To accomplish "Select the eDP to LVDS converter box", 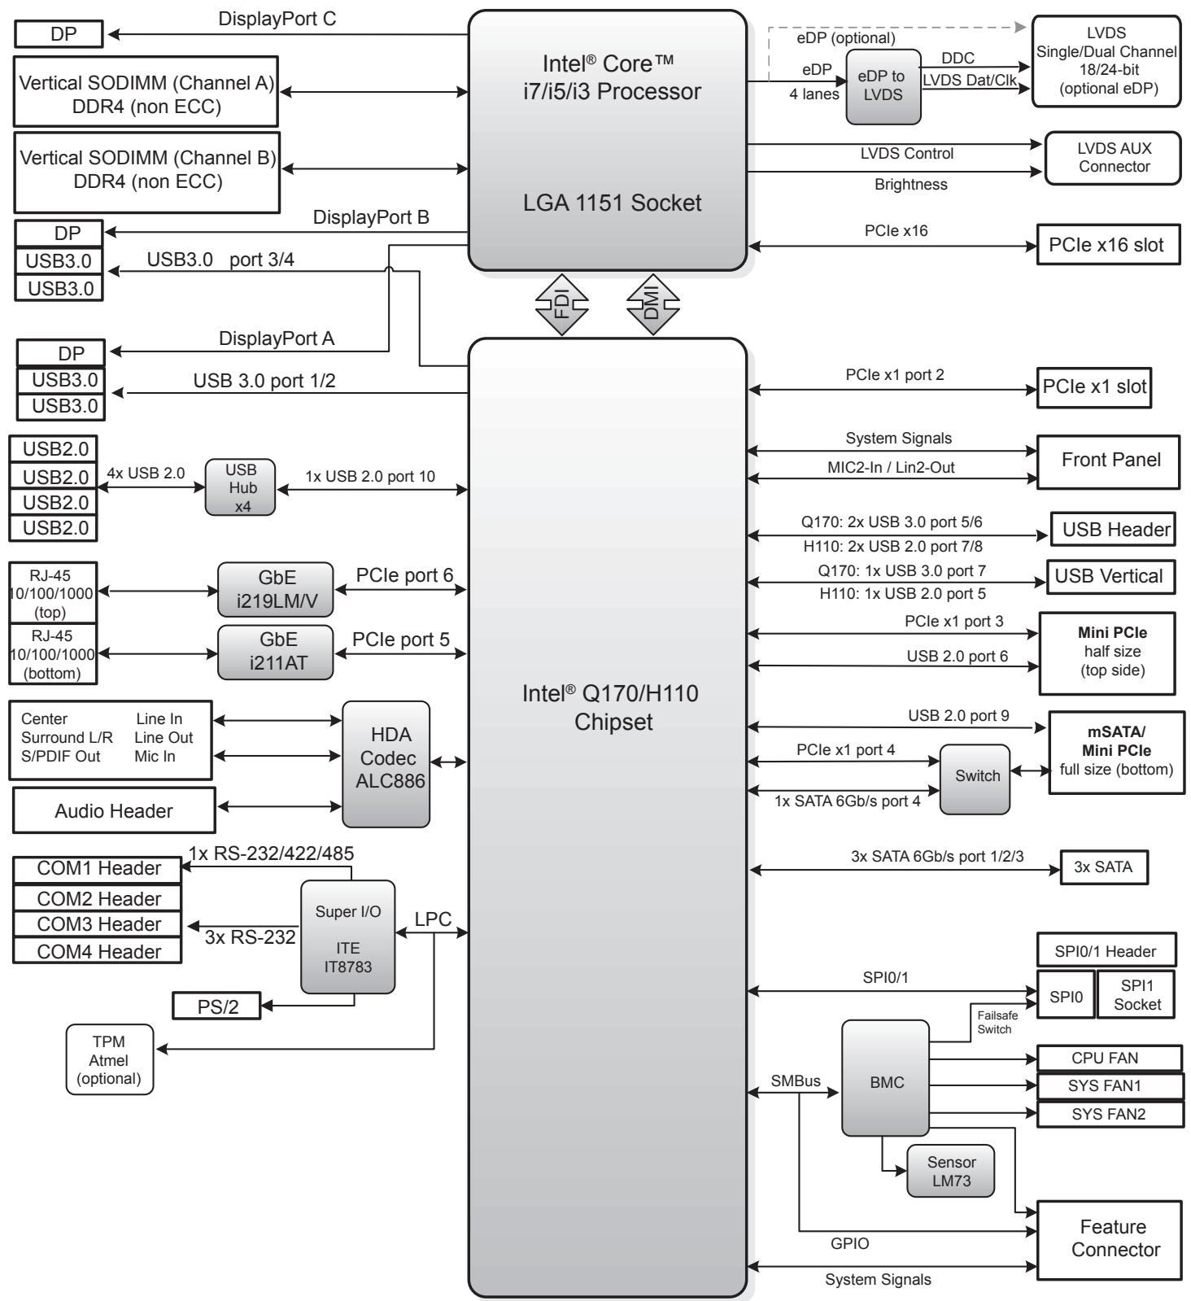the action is pyautogui.click(x=883, y=87).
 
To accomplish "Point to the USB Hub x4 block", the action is pyautogui.click(x=240, y=487).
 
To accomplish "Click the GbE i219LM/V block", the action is pyautogui.click(x=276, y=589).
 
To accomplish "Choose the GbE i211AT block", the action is pyautogui.click(x=276, y=652).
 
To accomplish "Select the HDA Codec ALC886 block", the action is pyautogui.click(x=386, y=764).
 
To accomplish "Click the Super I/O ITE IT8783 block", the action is pyautogui.click(x=348, y=936).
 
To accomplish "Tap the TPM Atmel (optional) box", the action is pyautogui.click(x=110, y=1059).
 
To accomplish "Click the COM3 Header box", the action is pyautogui.click(x=98, y=924).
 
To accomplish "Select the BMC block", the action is pyautogui.click(x=885, y=1078).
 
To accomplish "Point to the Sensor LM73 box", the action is pyautogui.click(x=950, y=1172).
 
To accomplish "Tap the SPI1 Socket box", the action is pyautogui.click(x=1136, y=993).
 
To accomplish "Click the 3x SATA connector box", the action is pyautogui.click(x=1104, y=867).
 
